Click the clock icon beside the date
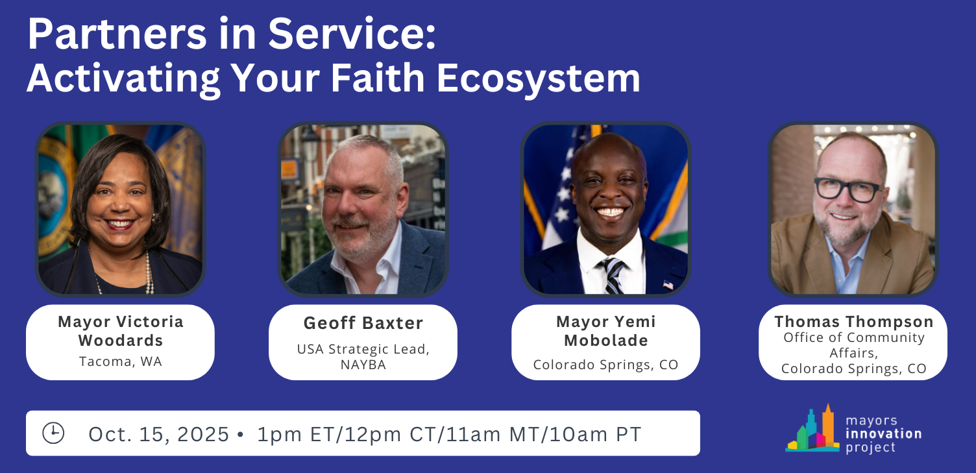tap(53, 433)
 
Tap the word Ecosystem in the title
tap(539, 79)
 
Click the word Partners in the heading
tap(117, 34)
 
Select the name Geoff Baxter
tap(363, 323)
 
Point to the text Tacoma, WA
tap(121, 361)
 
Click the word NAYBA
tap(363, 365)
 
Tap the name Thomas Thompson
tap(854, 321)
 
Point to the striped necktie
tap(613, 276)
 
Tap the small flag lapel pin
tap(668, 285)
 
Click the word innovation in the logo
tap(884, 433)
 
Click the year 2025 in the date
tap(203, 434)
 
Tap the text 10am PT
tap(596, 434)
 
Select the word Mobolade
tap(606, 340)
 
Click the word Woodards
tap(121, 340)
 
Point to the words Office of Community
tap(854, 337)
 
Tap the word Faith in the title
tap(378, 79)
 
